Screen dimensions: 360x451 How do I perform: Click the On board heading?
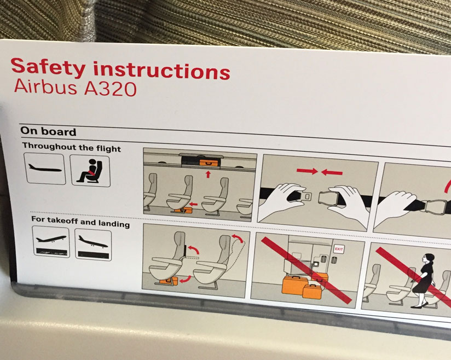coord(48,131)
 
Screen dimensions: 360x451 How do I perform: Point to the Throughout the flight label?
coord(72,148)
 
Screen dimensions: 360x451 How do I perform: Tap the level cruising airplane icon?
coord(45,170)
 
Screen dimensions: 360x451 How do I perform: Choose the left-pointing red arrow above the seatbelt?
coord(332,173)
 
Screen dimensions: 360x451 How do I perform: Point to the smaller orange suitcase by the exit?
coord(314,291)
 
